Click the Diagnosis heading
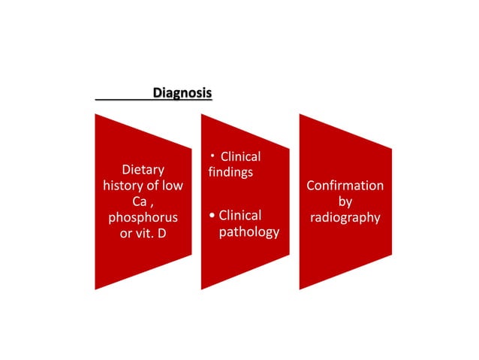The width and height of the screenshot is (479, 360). click(x=182, y=93)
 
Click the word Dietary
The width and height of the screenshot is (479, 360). click(x=143, y=170)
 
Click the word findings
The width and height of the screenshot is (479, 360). click(x=230, y=172)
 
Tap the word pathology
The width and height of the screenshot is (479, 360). click(x=249, y=232)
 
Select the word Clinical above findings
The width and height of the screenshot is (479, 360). click(x=240, y=156)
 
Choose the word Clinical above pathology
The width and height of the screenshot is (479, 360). click(x=239, y=216)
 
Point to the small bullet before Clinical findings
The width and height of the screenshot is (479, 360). click(x=213, y=155)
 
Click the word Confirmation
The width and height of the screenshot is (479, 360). click(x=345, y=186)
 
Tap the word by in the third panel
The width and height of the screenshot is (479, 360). click(x=345, y=201)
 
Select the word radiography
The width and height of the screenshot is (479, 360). click(x=345, y=218)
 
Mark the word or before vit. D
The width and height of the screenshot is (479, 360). click(x=127, y=234)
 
